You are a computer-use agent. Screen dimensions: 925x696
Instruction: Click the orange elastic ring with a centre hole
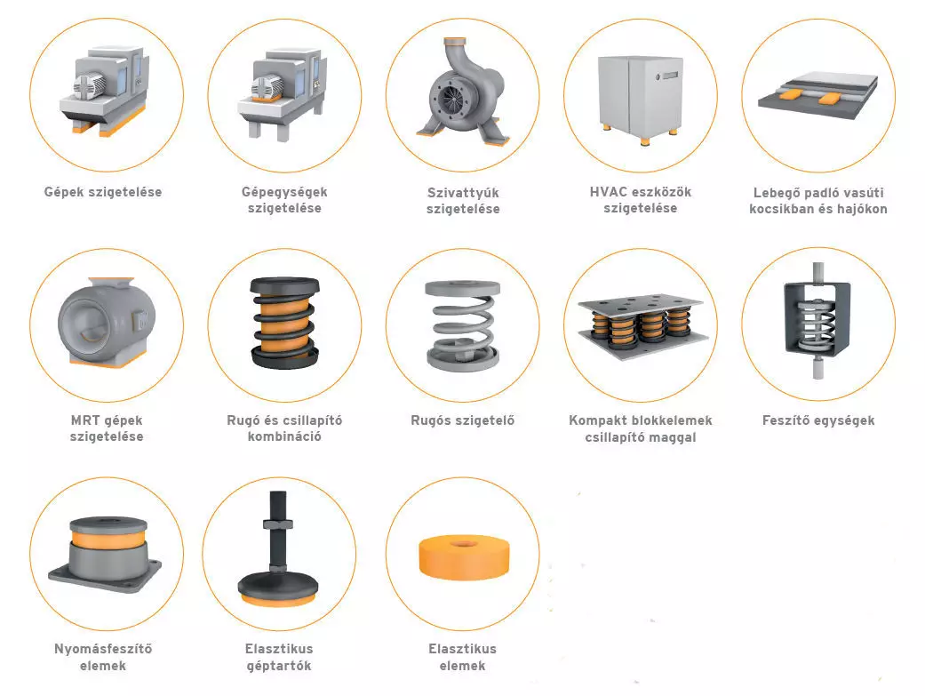[x=463, y=557]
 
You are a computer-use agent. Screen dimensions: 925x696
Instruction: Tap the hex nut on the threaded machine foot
[x=278, y=524]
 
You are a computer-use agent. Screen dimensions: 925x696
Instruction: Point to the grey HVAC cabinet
[x=641, y=98]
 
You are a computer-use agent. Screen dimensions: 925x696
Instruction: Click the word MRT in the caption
[x=84, y=420]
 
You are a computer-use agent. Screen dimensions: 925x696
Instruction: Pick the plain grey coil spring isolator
[x=462, y=325]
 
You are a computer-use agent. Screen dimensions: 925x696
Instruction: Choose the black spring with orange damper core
[x=285, y=322]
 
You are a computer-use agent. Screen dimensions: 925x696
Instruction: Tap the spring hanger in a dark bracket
[x=818, y=321]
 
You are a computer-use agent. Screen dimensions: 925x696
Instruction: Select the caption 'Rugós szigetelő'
[x=462, y=420]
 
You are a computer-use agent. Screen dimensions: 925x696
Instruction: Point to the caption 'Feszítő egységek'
[x=818, y=420]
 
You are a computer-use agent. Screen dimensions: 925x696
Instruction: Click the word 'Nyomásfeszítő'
[x=103, y=649]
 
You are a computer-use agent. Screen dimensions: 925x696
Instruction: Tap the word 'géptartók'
[x=279, y=666]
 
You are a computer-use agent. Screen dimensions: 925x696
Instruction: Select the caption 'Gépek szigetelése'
[x=103, y=192]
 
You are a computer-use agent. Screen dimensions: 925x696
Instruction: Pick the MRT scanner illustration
[x=107, y=322]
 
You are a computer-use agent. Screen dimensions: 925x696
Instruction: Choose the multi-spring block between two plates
[x=642, y=324]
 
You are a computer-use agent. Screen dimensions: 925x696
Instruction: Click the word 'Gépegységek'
[x=284, y=192]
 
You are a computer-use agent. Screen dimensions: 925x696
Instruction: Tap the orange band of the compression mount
[x=108, y=537]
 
